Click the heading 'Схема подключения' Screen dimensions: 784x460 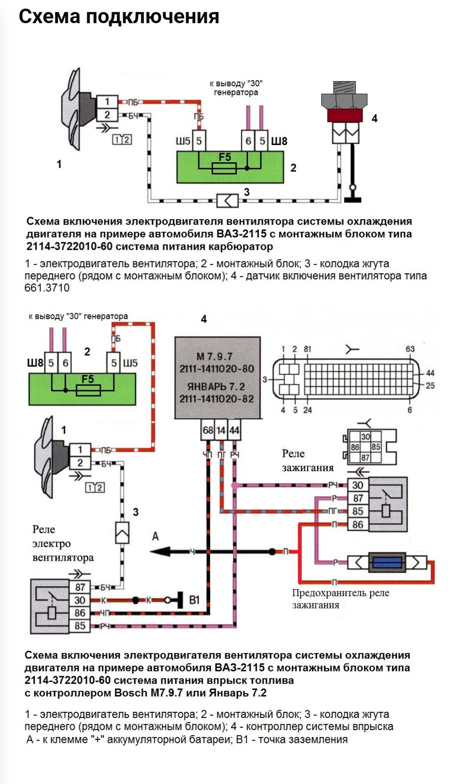119,17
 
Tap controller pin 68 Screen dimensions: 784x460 208,430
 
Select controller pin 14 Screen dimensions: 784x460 221,430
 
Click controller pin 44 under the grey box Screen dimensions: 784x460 234,430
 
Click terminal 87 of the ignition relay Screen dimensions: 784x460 357,498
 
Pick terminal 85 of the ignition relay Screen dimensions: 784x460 357,511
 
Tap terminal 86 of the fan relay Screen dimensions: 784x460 80,613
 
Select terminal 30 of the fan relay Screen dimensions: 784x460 80,600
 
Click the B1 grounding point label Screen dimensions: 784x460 194,599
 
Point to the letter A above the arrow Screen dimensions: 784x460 155,536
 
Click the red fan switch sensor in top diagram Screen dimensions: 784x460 344,115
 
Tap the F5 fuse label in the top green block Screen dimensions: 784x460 224,157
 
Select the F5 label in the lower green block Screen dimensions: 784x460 88,379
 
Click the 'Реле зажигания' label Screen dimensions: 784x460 307,460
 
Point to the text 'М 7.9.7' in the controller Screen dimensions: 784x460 214,356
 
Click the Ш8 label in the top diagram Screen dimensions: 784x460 279,141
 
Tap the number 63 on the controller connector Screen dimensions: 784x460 410,349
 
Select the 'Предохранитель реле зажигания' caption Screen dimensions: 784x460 340,599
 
